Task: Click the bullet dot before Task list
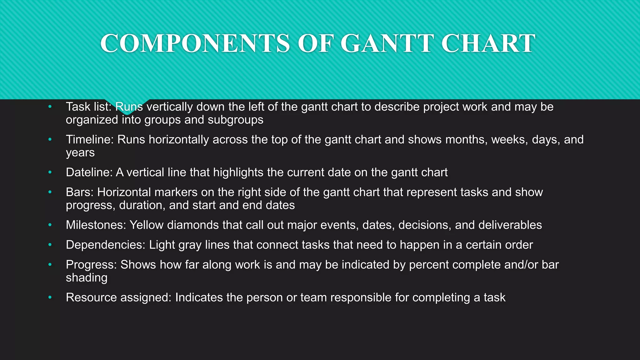[x=50, y=107]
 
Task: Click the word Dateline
[x=89, y=172]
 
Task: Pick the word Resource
[x=91, y=297]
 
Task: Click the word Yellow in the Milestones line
[x=147, y=225]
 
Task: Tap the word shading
[x=87, y=278]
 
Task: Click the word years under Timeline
[x=80, y=153]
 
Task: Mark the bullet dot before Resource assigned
[x=50, y=297]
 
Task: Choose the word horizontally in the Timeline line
[x=179, y=139]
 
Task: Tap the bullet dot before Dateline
[x=50, y=172]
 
